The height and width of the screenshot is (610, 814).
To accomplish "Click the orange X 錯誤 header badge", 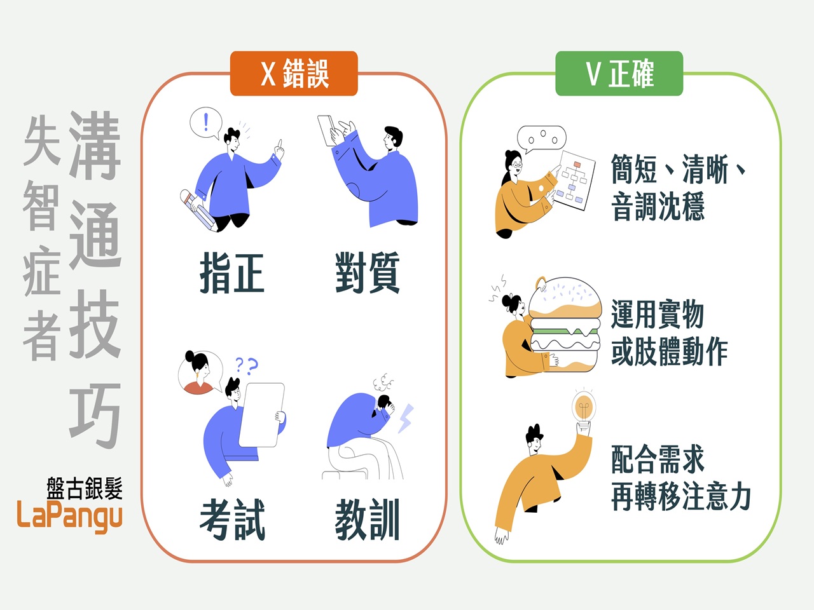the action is (x=294, y=73).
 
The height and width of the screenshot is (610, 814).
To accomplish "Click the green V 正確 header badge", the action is (x=619, y=73).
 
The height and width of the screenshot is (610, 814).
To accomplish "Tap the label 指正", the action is (x=232, y=273).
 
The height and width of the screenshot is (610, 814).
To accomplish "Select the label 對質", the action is (x=367, y=273).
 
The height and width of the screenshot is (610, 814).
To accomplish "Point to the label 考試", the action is (x=232, y=519).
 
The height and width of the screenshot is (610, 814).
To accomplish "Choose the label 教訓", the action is (x=367, y=519).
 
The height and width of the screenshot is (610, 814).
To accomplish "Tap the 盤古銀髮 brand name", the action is (x=84, y=488).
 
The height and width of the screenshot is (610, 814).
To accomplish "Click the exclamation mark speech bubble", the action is (x=206, y=123).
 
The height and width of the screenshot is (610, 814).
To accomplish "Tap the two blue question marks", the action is (x=247, y=365).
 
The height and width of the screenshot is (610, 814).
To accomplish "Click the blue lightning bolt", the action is (x=406, y=419).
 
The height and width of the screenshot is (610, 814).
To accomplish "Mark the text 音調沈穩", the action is (x=658, y=207).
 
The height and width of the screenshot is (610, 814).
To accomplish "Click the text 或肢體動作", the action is (x=670, y=351).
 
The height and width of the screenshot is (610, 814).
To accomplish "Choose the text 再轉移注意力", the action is (x=681, y=496).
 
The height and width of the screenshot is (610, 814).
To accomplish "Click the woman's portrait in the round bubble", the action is (x=200, y=372).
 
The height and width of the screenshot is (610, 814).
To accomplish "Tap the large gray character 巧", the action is (x=95, y=416).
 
